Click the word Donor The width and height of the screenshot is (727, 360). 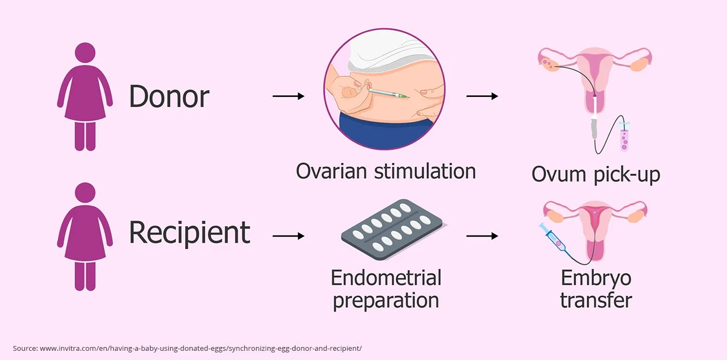169,96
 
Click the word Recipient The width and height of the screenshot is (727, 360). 189,233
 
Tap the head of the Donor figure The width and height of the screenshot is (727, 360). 85,54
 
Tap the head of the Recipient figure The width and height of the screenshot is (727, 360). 85,194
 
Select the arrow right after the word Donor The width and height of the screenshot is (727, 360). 288,96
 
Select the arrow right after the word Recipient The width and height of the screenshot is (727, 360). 288,236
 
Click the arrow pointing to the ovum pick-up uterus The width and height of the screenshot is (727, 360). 482,96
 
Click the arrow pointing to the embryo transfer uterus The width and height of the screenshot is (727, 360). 482,236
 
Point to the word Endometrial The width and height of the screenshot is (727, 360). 386,278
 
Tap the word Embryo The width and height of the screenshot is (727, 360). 595,278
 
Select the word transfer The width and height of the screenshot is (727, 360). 595,300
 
